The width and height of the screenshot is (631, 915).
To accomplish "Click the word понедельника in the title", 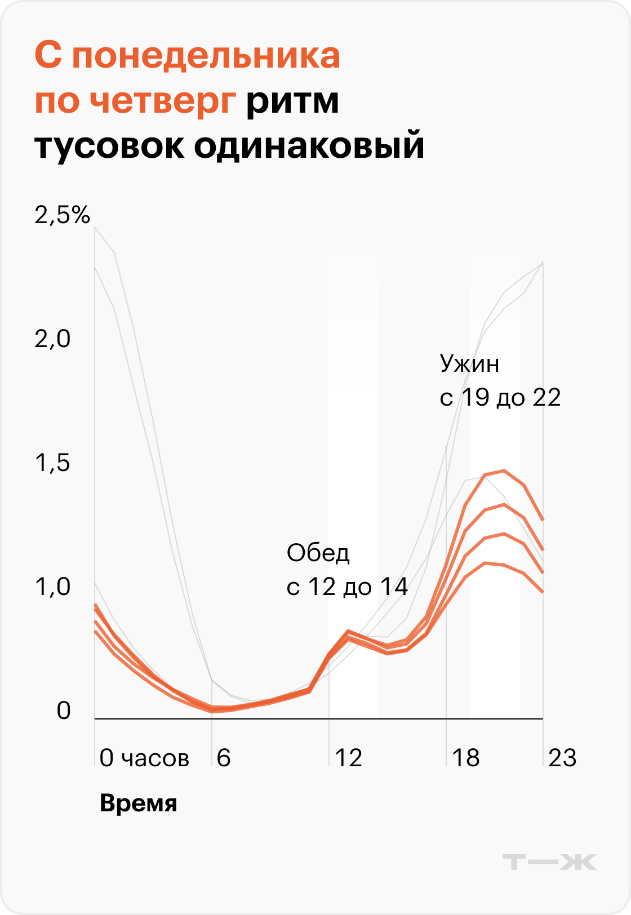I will point(206,57).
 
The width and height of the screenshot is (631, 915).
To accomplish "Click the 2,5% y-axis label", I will point(63,215).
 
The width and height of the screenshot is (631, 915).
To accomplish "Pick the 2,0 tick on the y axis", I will point(52,339).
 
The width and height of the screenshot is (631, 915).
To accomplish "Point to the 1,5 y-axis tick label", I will point(52,463).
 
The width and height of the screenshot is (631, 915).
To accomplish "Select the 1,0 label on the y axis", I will point(52,587).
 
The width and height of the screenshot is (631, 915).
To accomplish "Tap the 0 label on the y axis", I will point(64,710).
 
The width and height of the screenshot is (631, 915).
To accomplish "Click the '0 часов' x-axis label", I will point(144,758).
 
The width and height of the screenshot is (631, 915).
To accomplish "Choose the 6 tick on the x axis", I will point(224,758).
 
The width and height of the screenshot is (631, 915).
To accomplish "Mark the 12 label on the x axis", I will point(348,758).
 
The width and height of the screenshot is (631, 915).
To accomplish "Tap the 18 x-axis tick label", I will point(466,758).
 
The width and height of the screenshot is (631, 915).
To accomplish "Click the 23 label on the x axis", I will point(562,758).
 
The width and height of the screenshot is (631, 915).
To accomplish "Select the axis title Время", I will point(138,803).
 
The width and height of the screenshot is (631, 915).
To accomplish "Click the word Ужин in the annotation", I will point(469,364).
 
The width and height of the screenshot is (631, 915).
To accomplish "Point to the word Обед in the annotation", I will point(318,553).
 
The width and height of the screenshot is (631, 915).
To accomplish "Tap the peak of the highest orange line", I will point(504,470).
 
